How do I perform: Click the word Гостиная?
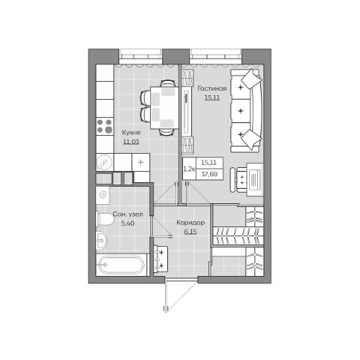point(212,88)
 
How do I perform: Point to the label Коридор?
point(189,223)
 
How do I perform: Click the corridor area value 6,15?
point(189,232)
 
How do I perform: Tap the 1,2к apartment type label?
point(189,169)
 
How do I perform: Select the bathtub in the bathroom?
point(120,266)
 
